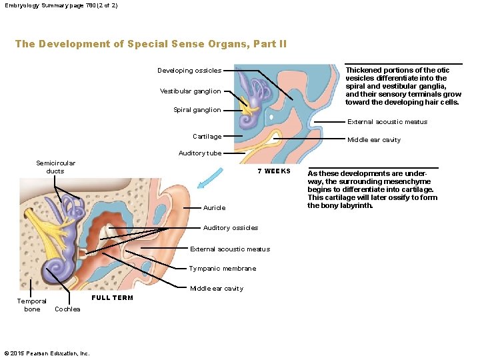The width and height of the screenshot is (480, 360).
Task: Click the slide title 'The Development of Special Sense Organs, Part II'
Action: [x=151, y=44]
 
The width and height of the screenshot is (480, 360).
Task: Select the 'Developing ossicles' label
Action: [x=189, y=71]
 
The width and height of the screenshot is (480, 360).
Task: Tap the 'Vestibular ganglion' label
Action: [x=190, y=91]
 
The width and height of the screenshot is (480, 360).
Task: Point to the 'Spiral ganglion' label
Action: [x=197, y=110]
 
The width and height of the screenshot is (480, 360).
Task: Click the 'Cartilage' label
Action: [x=207, y=137]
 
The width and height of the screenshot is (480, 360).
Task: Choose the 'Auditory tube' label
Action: [x=200, y=153]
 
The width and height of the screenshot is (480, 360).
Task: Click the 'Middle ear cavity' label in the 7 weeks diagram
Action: [x=373, y=140]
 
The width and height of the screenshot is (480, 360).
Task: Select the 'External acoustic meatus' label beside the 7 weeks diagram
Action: [x=387, y=122]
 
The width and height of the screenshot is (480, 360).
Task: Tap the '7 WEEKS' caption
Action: [x=274, y=171]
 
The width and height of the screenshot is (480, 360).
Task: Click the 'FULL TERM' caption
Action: [x=112, y=298]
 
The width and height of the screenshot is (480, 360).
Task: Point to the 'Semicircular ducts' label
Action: [x=55, y=167]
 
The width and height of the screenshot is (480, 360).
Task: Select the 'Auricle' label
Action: [x=214, y=208]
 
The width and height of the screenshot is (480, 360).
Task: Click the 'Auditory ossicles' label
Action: [x=230, y=228]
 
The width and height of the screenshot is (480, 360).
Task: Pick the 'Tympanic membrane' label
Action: [x=222, y=269]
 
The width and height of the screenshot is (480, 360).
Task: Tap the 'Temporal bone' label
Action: [x=31, y=305]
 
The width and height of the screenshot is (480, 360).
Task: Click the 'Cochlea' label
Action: [x=67, y=309]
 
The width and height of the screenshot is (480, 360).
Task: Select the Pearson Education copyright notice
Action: [x=46, y=353]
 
